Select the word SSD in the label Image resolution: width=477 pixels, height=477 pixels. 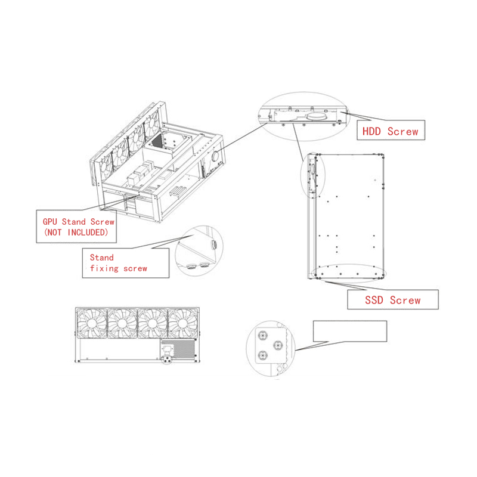point(374,300)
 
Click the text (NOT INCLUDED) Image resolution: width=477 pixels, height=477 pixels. point(76,232)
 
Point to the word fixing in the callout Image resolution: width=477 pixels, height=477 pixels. point(103,268)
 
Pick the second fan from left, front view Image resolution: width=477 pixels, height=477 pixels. point(122,324)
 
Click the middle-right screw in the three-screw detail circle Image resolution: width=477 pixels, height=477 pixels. point(277,345)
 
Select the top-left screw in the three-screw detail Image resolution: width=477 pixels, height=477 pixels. point(261,335)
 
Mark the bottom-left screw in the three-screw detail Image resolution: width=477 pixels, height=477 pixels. point(261,356)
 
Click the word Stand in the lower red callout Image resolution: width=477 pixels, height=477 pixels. point(101,258)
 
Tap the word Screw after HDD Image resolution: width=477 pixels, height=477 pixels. point(402,131)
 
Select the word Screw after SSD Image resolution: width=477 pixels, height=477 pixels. point(405,300)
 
